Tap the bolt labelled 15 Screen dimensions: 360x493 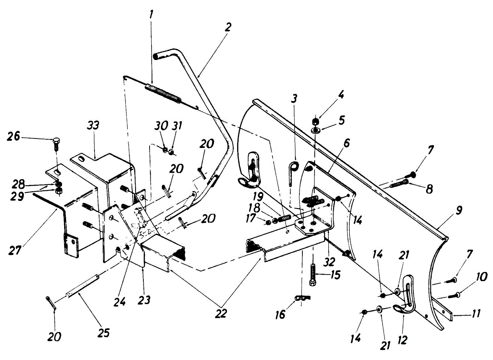(x=313, y=275)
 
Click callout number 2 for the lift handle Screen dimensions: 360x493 (x=228, y=28)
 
